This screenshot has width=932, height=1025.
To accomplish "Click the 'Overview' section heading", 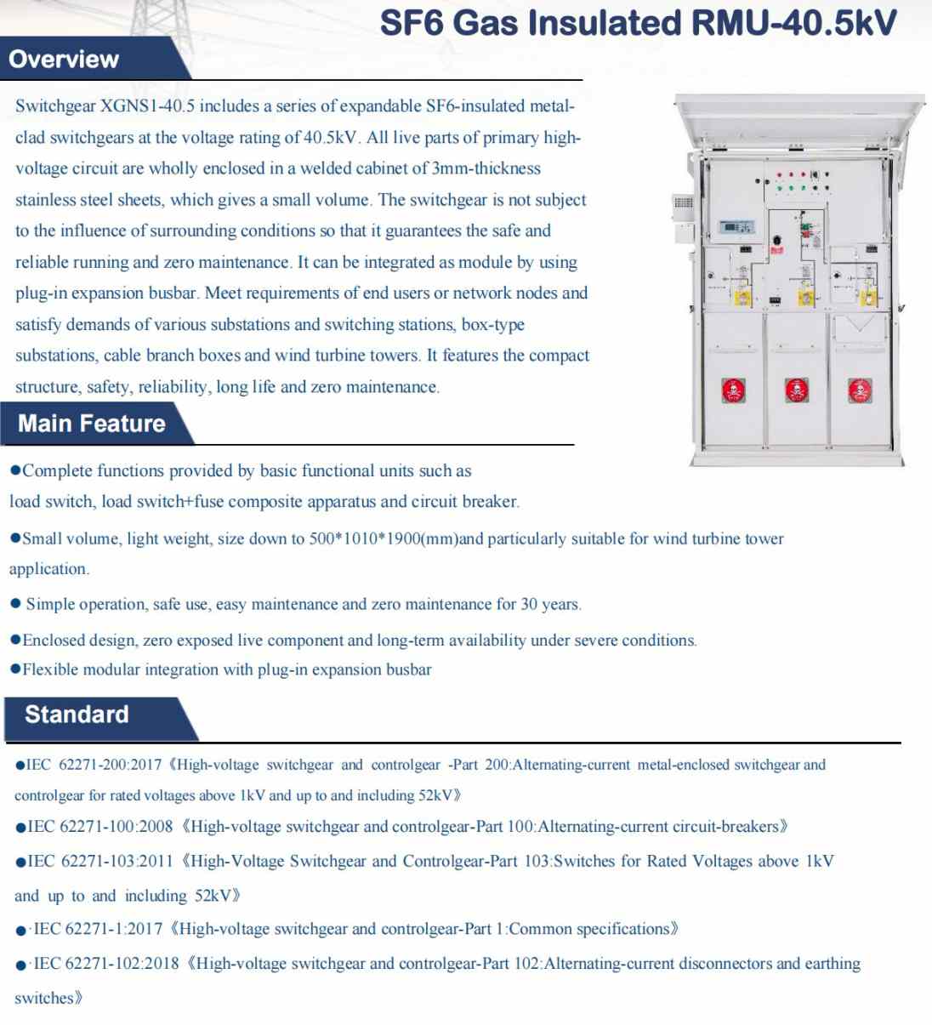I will [x=64, y=60].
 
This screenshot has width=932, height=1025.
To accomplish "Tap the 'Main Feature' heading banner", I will [x=92, y=424].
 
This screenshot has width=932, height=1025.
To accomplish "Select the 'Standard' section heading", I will [x=77, y=715].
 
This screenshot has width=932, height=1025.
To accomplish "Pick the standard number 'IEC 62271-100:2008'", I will [x=99, y=827].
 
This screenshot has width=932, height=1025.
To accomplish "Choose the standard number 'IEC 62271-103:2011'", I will [x=99, y=861].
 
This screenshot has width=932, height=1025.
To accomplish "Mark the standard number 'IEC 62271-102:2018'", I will [x=105, y=964].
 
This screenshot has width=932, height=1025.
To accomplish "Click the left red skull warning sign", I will [x=733, y=390].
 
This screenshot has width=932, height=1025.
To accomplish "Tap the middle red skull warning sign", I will [x=796, y=390].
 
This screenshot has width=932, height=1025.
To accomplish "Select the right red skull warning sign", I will [x=859, y=390].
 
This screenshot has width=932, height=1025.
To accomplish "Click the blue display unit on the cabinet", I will [x=736, y=227].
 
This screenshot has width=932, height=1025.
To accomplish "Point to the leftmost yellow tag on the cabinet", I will [x=742, y=298].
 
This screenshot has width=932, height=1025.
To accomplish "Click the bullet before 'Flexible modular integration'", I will [x=15, y=669].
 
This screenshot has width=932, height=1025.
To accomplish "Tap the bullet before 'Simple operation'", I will [x=15, y=604].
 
